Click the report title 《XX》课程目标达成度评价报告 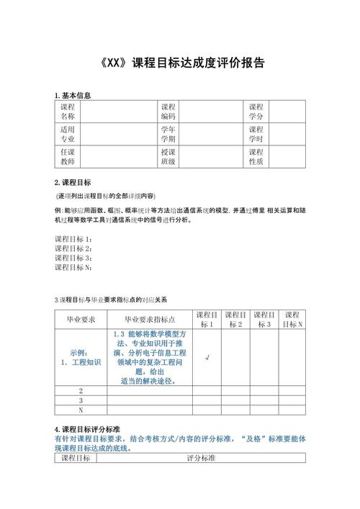pyautogui.click(x=179, y=62)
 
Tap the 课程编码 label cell pyautogui.click(x=168, y=111)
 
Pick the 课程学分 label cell pyautogui.click(x=256, y=111)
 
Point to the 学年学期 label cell pyautogui.click(x=168, y=134)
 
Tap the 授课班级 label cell pyautogui.click(x=168, y=157)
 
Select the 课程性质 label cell pyautogui.click(x=256, y=157)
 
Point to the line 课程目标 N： pyautogui.click(x=74, y=268)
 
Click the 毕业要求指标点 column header pyautogui.click(x=150, y=320)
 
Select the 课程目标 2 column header pyautogui.click(x=236, y=320)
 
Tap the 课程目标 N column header pyautogui.click(x=292, y=320)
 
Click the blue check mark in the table pyautogui.click(x=207, y=357)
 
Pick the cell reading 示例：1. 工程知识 pyautogui.click(x=81, y=357)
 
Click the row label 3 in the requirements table pyautogui.click(x=81, y=400)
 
